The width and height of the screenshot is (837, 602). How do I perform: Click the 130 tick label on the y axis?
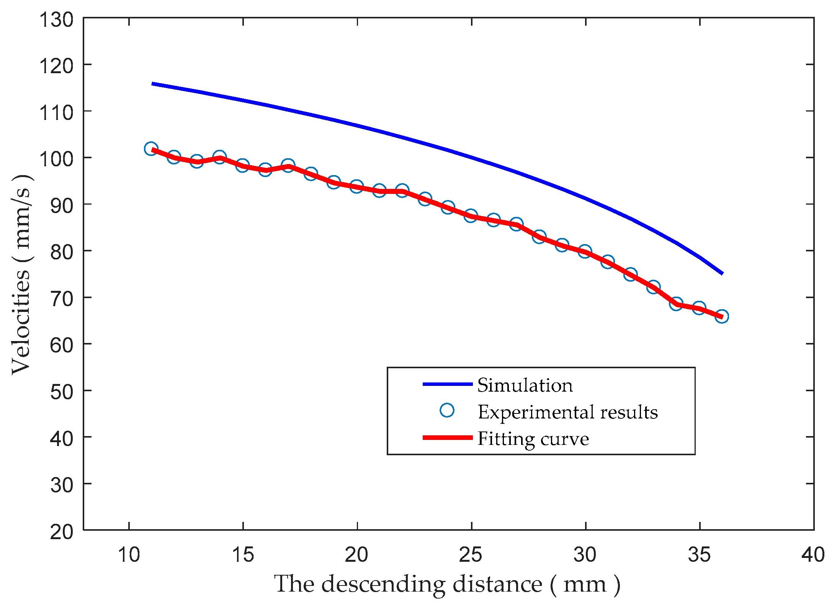(56, 20)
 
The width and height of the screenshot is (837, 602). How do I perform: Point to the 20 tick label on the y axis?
(61, 532)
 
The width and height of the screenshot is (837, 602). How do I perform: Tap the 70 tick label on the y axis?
(61, 299)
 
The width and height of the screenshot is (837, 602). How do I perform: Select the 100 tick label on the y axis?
(56, 159)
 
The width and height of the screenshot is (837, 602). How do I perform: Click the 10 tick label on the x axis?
(129, 554)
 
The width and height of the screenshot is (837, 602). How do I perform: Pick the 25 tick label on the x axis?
(471, 554)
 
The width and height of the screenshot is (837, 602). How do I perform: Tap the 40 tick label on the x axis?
(813, 554)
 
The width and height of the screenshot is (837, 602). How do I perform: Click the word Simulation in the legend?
(525, 385)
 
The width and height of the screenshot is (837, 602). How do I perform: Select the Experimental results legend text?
(567, 412)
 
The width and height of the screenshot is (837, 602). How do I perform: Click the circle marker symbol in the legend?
(447, 410)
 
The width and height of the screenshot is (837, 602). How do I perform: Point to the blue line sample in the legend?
(447, 384)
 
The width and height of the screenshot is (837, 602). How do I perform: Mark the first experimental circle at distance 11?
(151, 149)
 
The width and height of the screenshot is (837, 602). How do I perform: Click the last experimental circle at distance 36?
(722, 317)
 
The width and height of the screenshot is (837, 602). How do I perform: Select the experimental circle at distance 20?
(356, 187)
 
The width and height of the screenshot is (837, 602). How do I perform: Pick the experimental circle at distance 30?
(585, 251)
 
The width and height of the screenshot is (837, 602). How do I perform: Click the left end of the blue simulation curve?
(153, 84)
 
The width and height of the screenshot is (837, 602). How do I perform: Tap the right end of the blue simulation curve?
(722, 273)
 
